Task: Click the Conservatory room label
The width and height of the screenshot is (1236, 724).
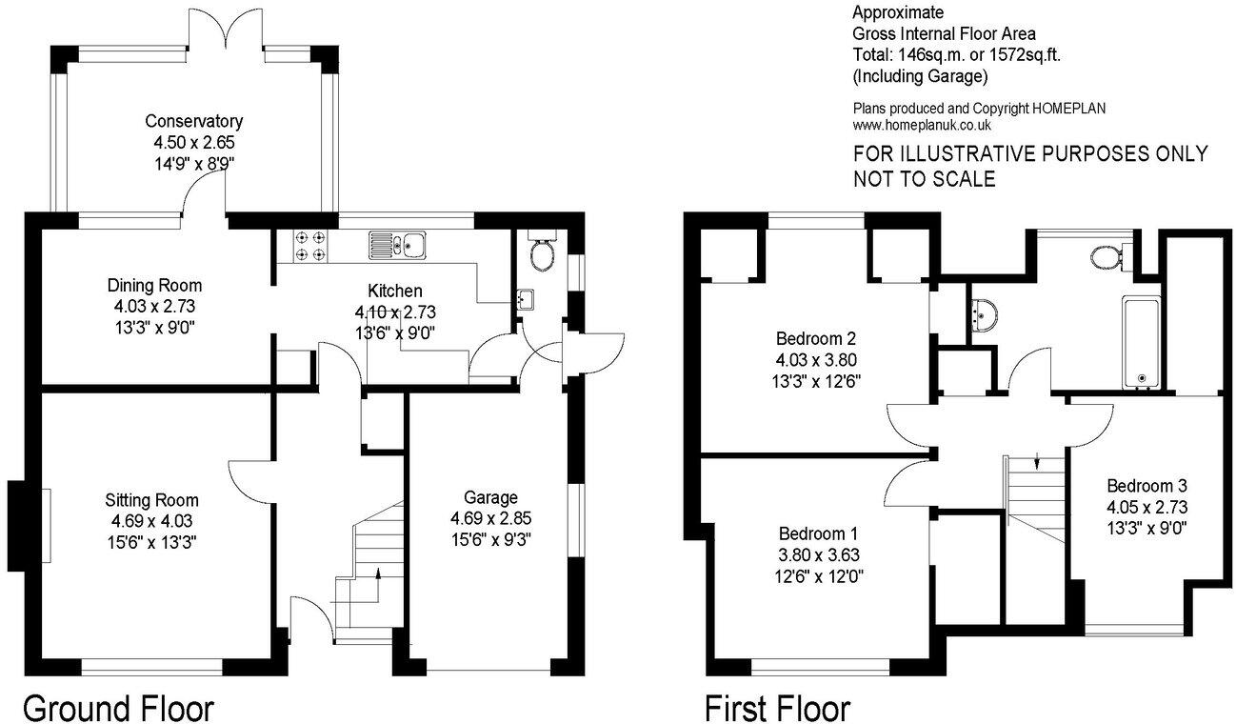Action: [x=194, y=122]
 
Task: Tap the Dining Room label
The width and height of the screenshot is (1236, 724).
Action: [x=154, y=285]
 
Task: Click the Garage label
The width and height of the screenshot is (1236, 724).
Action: [x=490, y=497]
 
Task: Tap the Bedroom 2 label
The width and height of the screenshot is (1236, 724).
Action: [x=816, y=338]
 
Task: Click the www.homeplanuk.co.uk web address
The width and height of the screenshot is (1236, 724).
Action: [x=922, y=125]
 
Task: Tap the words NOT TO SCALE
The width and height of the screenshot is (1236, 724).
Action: [x=924, y=178]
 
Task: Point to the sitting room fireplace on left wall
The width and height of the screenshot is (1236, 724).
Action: [x=17, y=527]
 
